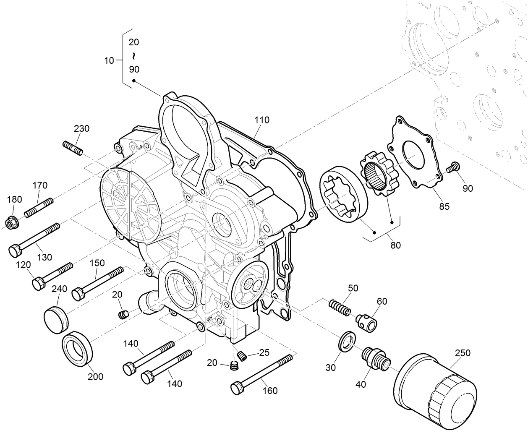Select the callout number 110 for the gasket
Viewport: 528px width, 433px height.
(x=261, y=120)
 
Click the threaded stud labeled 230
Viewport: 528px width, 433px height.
(x=73, y=147)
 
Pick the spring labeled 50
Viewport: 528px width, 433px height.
(x=340, y=308)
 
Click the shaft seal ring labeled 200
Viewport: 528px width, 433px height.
(x=78, y=344)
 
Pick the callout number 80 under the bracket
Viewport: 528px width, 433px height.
(x=395, y=245)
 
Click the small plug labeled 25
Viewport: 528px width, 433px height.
(x=241, y=355)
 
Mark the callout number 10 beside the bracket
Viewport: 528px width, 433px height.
(x=109, y=60)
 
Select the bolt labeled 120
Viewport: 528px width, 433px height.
(x=52, y=275)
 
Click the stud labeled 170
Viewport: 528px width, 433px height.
(x=39, y=207)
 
